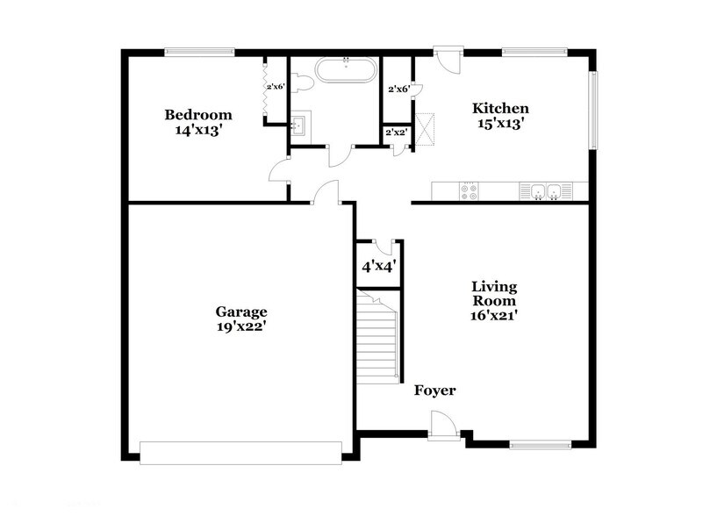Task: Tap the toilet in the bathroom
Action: tap(301, 83)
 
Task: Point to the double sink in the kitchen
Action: tap(541, 190)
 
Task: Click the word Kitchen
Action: tap(500, 109)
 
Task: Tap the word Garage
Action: tap(241, 312)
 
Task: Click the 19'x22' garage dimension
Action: tap(241, 326)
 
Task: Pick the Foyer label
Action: tap(434, 391)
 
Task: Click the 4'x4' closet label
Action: tap(378, 264)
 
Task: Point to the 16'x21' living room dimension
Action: tap(494, 316)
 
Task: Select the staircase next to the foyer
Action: tap(378, 335)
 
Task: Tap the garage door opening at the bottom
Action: tap(240, 451)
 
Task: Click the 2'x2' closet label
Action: tap(395, 133)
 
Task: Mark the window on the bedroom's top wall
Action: tap(199, 51)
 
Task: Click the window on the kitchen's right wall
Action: tap(594, 111)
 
